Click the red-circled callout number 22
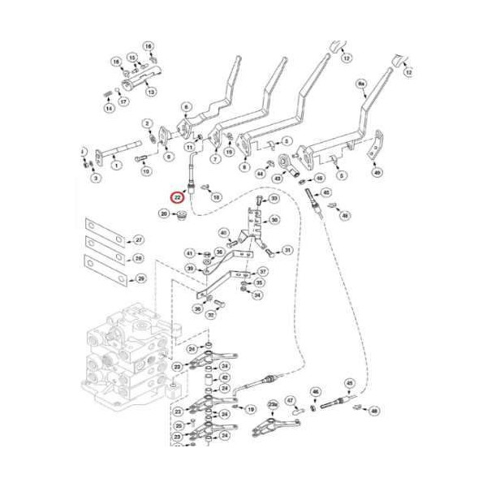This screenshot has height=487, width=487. pos(176,196)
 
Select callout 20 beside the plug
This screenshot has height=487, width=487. pos(164,213)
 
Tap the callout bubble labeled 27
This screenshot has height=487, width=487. pos(139,240)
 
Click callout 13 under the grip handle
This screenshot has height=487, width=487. pos(151,93)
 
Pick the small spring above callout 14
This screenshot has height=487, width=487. pos(109,88)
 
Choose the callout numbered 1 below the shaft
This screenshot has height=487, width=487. pos(115,165)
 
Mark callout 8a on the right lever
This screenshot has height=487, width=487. pos(360,84)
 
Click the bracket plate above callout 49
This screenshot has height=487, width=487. pos(374,153)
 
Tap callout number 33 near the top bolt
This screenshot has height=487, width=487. pos(274,199)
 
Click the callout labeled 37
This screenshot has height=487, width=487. pos(262,271)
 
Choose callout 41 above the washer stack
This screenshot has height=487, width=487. pos(189,252)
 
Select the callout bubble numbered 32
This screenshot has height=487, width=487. pos(210,314)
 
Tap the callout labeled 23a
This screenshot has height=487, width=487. pos(273,403)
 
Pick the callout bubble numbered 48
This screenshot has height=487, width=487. pos(373,412)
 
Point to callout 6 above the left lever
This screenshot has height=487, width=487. pos(185,107)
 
